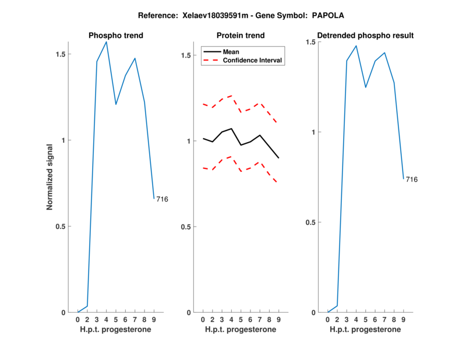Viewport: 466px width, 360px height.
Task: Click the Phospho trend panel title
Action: click(x=116, y=36)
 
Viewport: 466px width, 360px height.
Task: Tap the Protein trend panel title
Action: click(x=241, y=36)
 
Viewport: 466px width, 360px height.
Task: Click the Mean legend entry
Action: click(x=231, y=51)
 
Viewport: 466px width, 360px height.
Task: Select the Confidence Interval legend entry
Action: click(x=253, y=60)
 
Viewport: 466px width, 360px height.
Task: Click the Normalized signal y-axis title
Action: click(x=51, y=177)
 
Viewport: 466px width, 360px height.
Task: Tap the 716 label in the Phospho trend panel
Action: click(x=162, y=200)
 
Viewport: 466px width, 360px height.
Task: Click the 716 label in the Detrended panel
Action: click(x=411, y=179)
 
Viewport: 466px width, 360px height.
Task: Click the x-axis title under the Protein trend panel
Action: click(x=241, y=329)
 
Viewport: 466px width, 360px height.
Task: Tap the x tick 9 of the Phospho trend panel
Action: click(x=154, y=319)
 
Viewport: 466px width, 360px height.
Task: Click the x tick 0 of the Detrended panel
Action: click(x=328, y=319)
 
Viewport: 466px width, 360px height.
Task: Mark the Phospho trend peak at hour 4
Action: click(x=106, y=42)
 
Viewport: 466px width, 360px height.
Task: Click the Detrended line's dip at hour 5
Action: click(x=366, y=87)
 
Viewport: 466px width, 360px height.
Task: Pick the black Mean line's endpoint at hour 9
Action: click(x=278, y=158)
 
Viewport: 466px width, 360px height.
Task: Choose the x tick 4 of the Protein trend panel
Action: click(x=231, y=319)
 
